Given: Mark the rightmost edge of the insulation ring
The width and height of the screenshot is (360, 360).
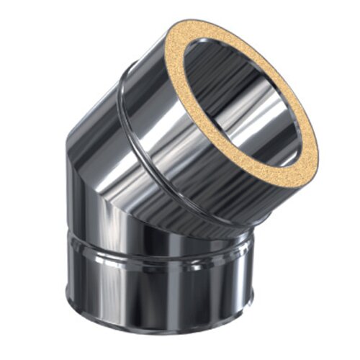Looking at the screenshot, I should (318, 148).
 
